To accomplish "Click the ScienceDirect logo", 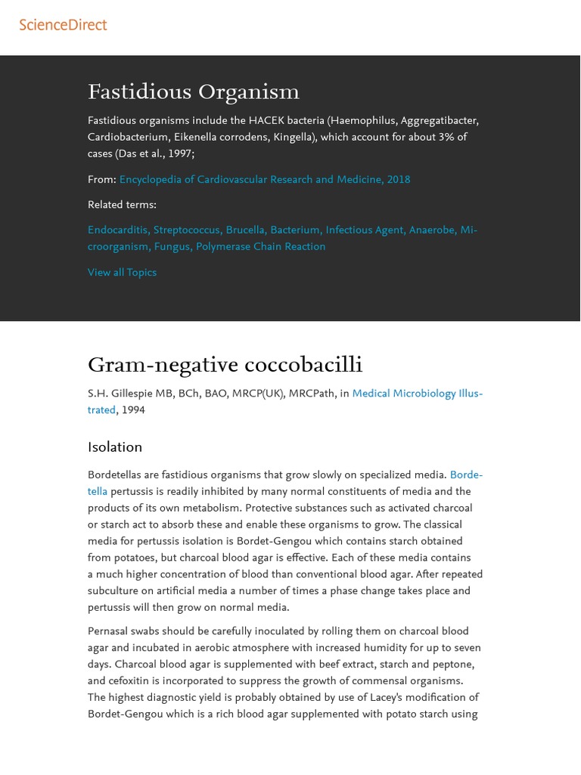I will (63, 25).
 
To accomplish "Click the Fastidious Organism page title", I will (194, 92).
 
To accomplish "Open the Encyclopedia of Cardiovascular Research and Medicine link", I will (265, 179).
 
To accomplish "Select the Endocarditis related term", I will (117, 230).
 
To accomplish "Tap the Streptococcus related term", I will (188, 230).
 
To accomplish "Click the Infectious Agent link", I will (364, 230).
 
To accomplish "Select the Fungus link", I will (172, 247).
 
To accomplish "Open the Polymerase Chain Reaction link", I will (260, 247).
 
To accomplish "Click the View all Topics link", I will (122, 272).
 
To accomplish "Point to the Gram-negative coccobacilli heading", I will (225, 365).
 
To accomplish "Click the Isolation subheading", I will (115, 447).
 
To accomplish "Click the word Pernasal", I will (108, 631).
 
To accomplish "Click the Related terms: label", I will (122, 204).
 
